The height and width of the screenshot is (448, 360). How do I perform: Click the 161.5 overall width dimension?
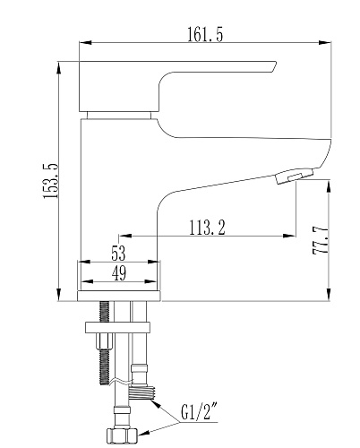(205, 34)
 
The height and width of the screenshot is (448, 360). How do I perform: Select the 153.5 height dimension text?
(50, 181)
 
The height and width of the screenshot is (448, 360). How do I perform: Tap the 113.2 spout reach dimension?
(208, 228)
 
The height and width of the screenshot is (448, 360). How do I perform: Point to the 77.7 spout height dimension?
(320, 240)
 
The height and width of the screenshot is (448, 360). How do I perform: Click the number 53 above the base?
(118, 254)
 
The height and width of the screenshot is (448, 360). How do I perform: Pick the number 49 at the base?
(119, 273)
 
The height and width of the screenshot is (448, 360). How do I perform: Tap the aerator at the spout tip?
(295, 177)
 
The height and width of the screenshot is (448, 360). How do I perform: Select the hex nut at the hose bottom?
(122, 435)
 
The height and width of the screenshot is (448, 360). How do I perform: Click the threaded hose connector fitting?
(141, 392)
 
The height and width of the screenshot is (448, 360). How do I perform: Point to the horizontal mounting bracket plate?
(117, 327)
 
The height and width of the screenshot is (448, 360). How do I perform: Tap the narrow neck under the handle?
(119, 116)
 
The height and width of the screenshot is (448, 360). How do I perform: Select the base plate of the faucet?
(119, 296)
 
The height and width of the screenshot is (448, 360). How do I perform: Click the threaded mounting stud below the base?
(105, 343)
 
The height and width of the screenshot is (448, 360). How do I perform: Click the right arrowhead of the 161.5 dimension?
(325, 43)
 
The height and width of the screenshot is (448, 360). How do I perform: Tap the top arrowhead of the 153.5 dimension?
(59, 68)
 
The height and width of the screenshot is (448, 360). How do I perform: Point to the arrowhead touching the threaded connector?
(156, 404)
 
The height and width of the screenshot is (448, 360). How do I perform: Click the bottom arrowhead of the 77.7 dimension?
(329, 295)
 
